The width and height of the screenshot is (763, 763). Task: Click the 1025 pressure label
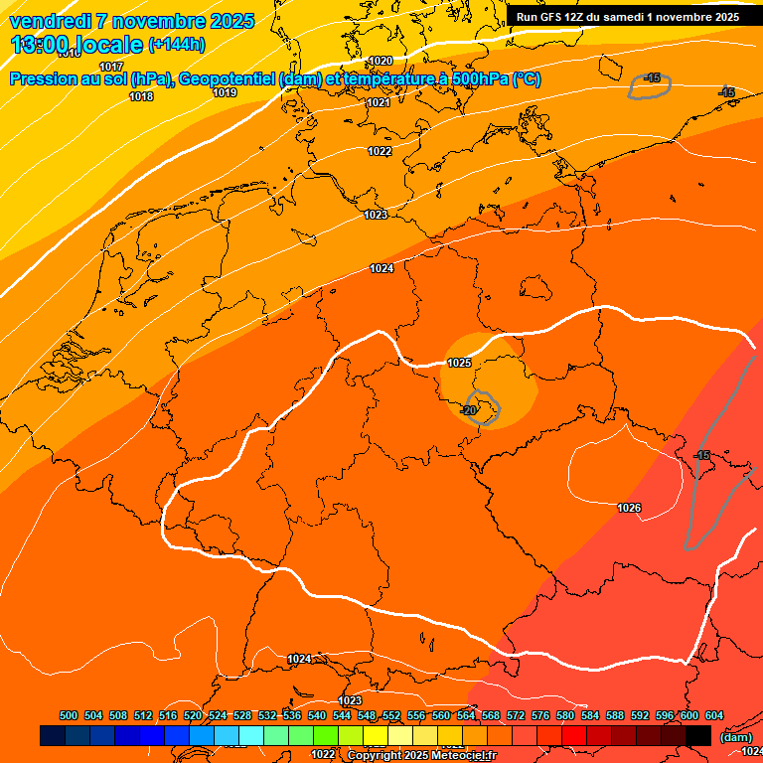click(x=459, y=364)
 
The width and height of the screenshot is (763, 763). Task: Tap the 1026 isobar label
click(x=629, y=509)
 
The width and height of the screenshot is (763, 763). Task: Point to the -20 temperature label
click(x=470, y=409)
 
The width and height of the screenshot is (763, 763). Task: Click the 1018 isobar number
click(x=141, y=97)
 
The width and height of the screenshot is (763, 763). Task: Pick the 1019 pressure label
click(x=225, y=92)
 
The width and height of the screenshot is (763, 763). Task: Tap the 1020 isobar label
click(x=380, y=62)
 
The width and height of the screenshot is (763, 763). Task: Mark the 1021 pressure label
click(x=379, y=102)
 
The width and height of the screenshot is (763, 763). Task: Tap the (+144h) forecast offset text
click(x=176, y=45)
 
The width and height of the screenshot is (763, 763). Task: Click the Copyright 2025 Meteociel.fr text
click(x=421, y=755)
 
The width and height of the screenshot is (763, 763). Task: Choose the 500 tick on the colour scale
click(x=69, y=715)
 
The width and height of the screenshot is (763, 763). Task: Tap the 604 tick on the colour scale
click(x=713, y=715)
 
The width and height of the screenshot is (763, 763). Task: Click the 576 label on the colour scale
click(x=540, y=715)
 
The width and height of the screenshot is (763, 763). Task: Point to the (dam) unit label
click(x=735, y=737)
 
